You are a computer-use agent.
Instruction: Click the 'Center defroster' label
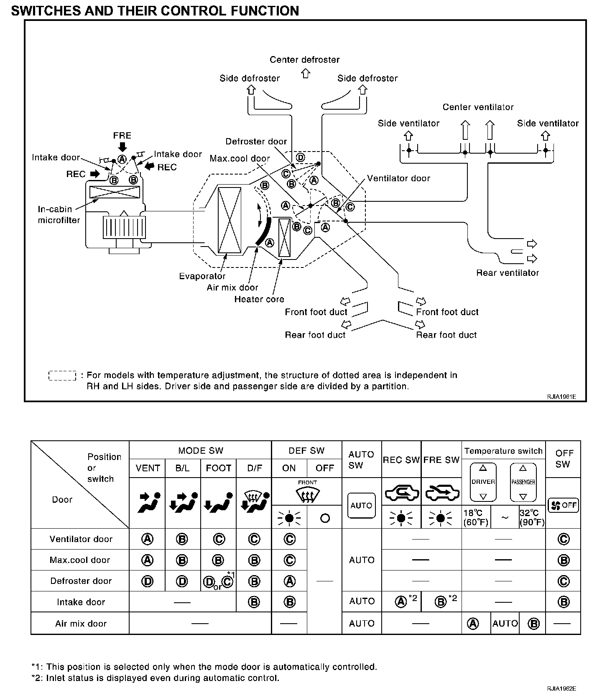pyautogui.click(x=304, y=60)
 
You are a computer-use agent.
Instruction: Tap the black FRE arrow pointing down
pyautogui.click(x=122, y=146)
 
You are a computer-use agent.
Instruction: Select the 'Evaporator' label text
pyautogui.click(x=202, y=276)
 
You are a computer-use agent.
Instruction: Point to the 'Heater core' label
pyautogui.click(x=259, y=299)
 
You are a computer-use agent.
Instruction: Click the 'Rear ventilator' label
pyautogui.click(x=508, y=273)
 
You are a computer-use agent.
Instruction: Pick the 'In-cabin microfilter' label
pyautogui.click(x=59, y=215)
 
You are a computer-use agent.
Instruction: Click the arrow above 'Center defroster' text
pyautogui.click(x=306, y=74)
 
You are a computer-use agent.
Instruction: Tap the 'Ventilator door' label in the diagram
pyautogui.click(x=398, y=178)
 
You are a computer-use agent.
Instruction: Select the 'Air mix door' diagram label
pyautogui.click(x=232, y=288)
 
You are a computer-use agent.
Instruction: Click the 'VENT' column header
pyautogui.click(x=148, y=468)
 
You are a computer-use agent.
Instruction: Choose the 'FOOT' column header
pyautogui.click(x=218, y=468)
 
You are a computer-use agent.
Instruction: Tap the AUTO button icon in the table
pyautogui.click(x=361, y=506)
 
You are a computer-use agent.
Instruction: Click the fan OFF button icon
pyautogui.click(x=563, y=505)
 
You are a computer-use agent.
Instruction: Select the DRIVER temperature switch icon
pyautogui.click(x=483, y=482)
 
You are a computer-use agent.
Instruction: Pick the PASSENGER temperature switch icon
pyautogui.click(x=523, y=482)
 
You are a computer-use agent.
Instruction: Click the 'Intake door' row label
pyautogui.click(x=81, y=602)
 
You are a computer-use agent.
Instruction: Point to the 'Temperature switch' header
pyautogui.click(x=503, y=451)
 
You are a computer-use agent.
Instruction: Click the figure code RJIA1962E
pyautogui.click(x=562, y=689)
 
